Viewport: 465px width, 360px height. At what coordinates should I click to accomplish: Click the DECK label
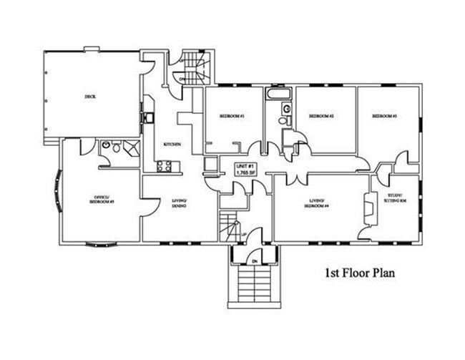pyautogui.click(x=90, y=96)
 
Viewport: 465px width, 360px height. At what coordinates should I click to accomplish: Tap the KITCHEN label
pyautogui.click(x=172, y=145)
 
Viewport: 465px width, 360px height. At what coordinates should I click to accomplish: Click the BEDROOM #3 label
pyautogui.click(x=384, y=116)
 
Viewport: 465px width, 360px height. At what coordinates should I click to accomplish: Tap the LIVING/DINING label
pyautogui.click(x=179, y=203)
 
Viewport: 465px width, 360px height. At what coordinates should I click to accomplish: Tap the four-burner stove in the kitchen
pyautogui.click(x=164, y=166)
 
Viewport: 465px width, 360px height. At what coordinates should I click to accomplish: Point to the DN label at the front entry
pyautogui.click(x=255, y=261)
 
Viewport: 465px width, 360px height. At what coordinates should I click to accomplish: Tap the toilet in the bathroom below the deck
pyautogui.click(x=106, y=146)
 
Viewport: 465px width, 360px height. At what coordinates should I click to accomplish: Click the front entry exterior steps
pyautogui.click(x=254, y=286)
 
